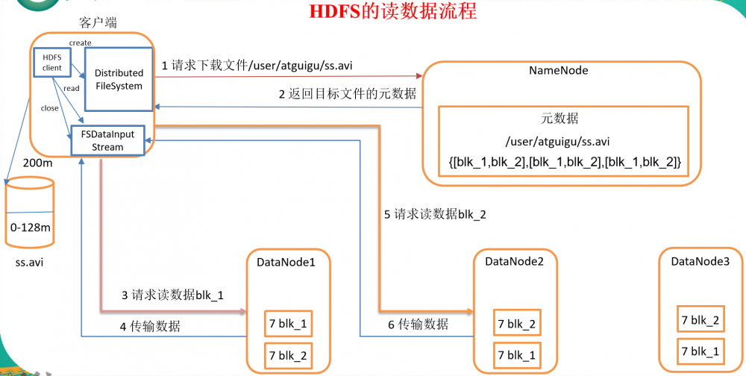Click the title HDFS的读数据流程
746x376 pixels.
pyautogui.click(x=392, y=12)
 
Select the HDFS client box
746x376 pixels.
pyautogui.click(x=51, y=64)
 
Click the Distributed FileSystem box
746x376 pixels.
pyautogui.click(x=119, y=79)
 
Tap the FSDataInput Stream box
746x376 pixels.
pyautogui.click(x=107, y=141)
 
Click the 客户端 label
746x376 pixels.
pyautogui.click(x=95, y=22)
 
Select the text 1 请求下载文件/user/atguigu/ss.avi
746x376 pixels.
pyautogui.click(x=257, y=66)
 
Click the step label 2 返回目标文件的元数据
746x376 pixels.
pyautogui.click(x=347, y=94)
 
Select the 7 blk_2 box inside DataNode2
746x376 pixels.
pyautogui.click(x=515, y=324)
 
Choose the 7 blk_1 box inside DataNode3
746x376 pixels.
pyautogui.click(x=700, y=351)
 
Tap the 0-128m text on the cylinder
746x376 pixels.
pyautogui.click(x=31, y=227)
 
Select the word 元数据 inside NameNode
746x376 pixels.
pyautogui.click(x=560, y=119)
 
